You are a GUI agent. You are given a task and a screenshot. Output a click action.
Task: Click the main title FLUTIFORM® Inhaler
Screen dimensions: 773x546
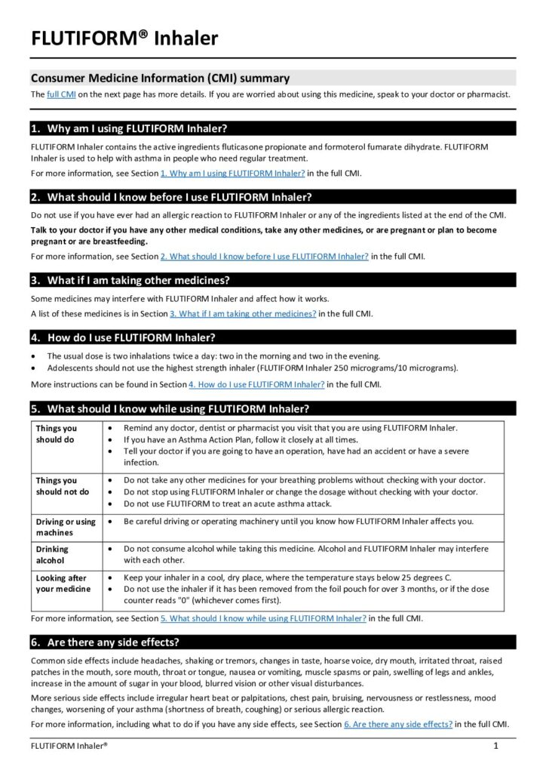[x=124, y=38]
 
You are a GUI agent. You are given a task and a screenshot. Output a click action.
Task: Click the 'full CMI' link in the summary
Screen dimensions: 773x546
[x=61, y=94]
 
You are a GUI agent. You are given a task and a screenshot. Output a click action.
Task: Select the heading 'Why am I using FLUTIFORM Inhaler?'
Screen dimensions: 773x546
[x=136, y=128]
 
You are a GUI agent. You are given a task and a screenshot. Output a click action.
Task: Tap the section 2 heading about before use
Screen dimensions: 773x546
[x=179, y=198]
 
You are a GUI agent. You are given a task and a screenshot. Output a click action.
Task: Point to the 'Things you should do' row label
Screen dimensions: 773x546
[x=57, y=434]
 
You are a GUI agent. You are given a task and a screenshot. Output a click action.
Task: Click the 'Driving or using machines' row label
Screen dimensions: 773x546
[x=66, y=527]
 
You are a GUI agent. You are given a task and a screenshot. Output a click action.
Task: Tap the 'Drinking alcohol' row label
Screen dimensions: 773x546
[x=52, y=555]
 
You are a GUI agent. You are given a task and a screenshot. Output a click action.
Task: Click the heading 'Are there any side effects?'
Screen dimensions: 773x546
[x=113, y=642]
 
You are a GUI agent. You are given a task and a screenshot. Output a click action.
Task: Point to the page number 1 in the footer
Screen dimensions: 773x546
[x=496, y=746]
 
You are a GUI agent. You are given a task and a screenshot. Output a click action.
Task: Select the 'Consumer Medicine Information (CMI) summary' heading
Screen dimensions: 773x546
[x=160, y=78]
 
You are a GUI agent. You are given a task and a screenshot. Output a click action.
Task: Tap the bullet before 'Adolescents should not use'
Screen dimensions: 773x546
[x=35, y=368]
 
